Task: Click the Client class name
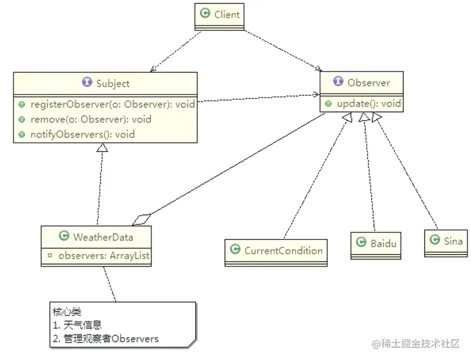click(226, 15)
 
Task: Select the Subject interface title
click(113, 83)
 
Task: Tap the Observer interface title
click(368, 83)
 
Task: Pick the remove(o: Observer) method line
click(91, 119)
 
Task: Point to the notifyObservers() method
click(82, 134)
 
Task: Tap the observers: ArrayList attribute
click(104, 255)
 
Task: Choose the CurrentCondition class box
click(276, 251)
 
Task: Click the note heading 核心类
click(66, 312)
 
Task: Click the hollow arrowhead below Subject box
click(101, 148)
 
